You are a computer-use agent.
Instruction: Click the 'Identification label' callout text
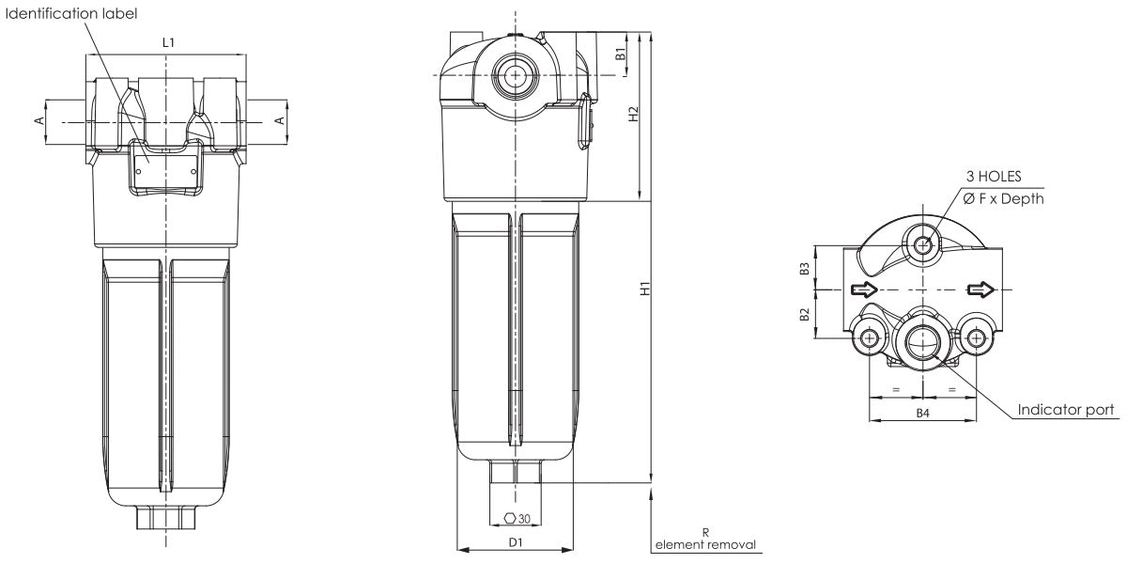tap(70, 13)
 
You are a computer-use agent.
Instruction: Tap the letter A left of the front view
tap(39, 120)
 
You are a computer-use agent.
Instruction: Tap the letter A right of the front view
tap(278, 120)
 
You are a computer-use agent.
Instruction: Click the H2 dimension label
tap(634, 113)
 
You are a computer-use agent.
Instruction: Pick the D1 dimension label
tap(515, 542)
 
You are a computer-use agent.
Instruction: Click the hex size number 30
tap(524, 518)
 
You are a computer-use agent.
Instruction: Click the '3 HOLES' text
tap(993, 176)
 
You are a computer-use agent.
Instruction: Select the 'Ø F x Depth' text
tap(1003, 198)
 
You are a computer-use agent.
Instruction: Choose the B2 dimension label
tap(805, 314)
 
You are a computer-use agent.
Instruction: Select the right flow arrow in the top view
tap(979, 289)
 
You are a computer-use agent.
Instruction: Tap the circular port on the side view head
tap(513, 74)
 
